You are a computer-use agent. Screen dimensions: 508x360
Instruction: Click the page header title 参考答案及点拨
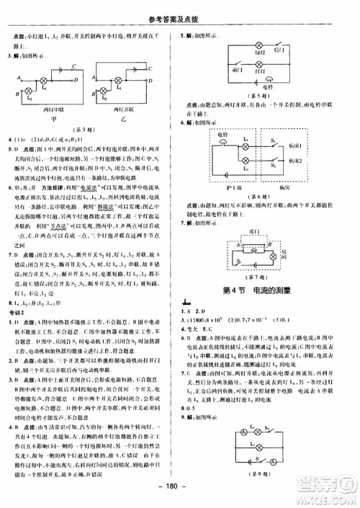[x=179, y=8]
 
